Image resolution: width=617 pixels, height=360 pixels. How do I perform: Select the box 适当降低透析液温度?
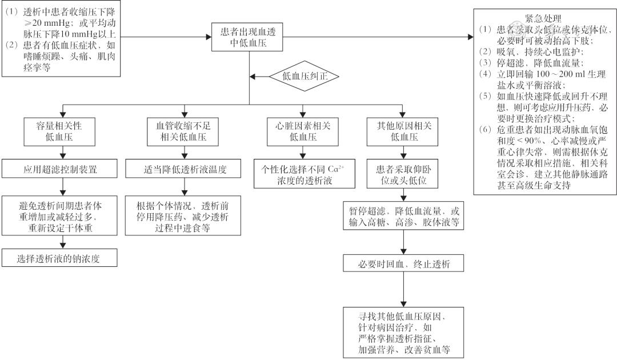[182, 169]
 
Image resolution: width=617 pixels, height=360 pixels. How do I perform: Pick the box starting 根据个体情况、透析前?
[182, 217]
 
